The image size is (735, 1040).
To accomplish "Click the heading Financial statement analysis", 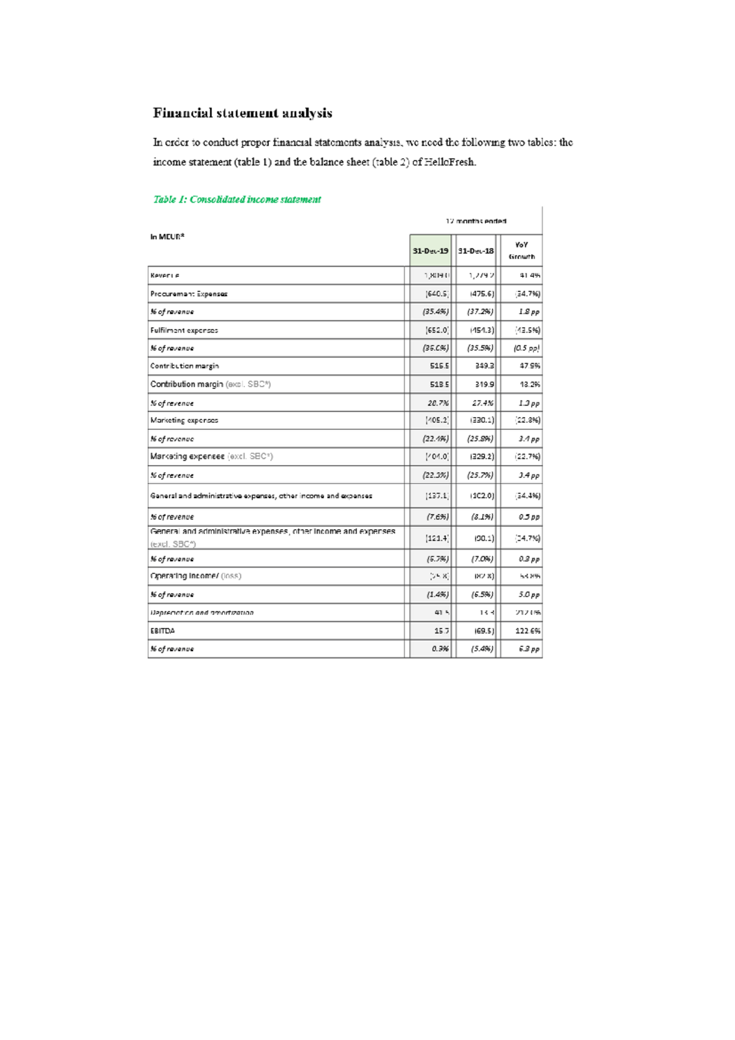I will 243,113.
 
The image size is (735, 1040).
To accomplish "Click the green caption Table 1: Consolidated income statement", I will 237,200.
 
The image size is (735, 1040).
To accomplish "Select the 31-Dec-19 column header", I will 430,251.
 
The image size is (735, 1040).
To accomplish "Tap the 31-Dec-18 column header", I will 476,251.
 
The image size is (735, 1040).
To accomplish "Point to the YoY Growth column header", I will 521,251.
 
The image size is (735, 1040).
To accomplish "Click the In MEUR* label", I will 167,237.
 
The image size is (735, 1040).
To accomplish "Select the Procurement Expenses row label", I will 189,294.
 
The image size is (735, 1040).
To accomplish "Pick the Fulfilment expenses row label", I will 184,331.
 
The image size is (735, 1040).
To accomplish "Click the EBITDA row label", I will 162,631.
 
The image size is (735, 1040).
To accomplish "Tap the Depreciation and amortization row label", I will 202,613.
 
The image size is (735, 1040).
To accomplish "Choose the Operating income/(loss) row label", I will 195,576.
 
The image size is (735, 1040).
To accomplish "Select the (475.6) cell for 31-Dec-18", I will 482,294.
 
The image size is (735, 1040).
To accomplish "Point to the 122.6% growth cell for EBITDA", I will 527,631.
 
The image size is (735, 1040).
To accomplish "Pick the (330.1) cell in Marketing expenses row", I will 482,421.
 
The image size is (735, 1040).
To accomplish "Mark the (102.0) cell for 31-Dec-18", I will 482,496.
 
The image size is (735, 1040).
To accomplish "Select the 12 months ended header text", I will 476,221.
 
